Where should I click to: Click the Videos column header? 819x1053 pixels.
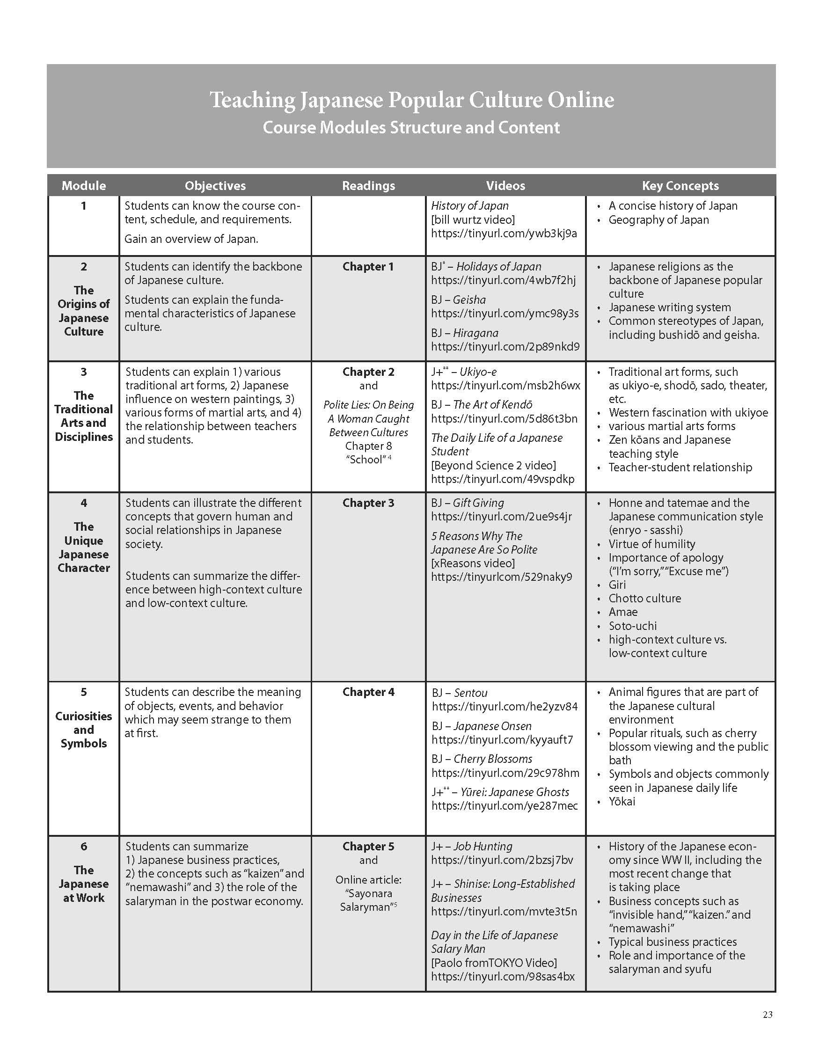[505, 186]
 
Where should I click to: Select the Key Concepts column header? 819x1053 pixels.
[680, 186]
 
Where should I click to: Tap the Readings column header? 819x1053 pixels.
[368, 186]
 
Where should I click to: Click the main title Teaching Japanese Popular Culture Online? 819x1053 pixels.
[412, 100]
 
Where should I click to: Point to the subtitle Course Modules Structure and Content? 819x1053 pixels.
[411, 127]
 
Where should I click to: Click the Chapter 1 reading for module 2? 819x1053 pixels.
[368, 267]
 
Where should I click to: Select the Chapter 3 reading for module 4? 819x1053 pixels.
[368, 503]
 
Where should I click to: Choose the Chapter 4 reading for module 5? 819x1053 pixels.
[368, 692]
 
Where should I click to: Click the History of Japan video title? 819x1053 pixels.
[469, 206]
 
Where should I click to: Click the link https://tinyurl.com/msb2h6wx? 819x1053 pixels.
[505, 386]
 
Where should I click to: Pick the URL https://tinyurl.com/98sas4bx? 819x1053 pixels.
[503, 976]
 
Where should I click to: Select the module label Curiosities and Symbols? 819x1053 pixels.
[83, 730]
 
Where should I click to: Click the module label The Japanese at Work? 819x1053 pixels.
[83, 884]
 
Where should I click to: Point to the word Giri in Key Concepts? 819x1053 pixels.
[617, 585]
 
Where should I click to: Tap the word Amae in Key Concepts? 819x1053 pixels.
[623, 612]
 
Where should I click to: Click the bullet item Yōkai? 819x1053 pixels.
[622, 801]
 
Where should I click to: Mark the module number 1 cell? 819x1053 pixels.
[83, 206]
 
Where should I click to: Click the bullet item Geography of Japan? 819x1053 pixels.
[658, 220]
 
